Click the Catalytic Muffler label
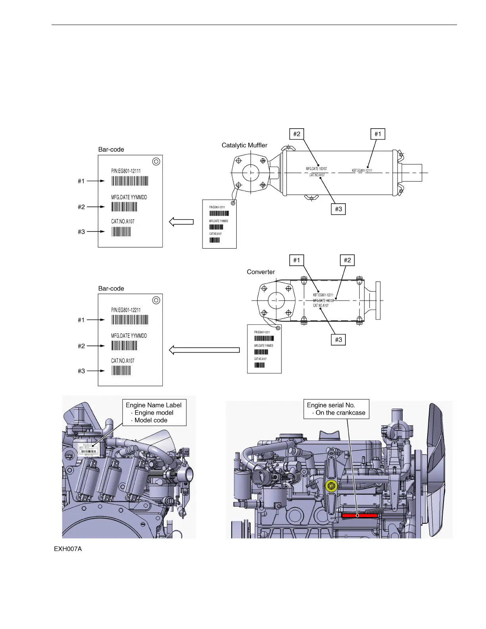245,145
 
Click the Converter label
261,272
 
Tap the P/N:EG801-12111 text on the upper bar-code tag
126,171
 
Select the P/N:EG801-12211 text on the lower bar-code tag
126,310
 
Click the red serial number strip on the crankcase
360,515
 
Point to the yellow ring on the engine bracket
331,485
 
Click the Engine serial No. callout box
336,409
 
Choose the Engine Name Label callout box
154,413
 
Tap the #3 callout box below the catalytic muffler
338,209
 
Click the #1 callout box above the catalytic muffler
378,134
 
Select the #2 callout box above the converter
347,260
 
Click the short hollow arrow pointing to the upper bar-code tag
181,222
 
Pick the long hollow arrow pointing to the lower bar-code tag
204,350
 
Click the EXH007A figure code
68,549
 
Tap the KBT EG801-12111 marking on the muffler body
362,171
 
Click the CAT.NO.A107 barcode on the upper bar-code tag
121,232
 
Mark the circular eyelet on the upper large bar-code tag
156,161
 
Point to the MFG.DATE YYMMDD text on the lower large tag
129,336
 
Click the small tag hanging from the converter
264,349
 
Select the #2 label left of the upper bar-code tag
81,207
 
